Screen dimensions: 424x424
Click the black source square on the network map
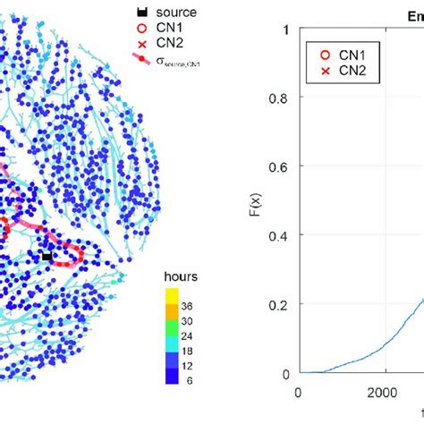pos(47,257)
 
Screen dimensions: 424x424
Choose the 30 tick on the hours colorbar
pos(189,321)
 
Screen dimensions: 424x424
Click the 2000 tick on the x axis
pos(385,392)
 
